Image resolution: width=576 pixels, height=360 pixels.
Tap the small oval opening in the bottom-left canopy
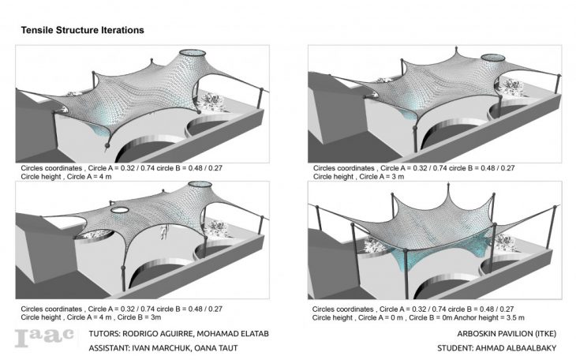tap(121, 211)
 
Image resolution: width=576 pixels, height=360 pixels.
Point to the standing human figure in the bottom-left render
tap(163, 231)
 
